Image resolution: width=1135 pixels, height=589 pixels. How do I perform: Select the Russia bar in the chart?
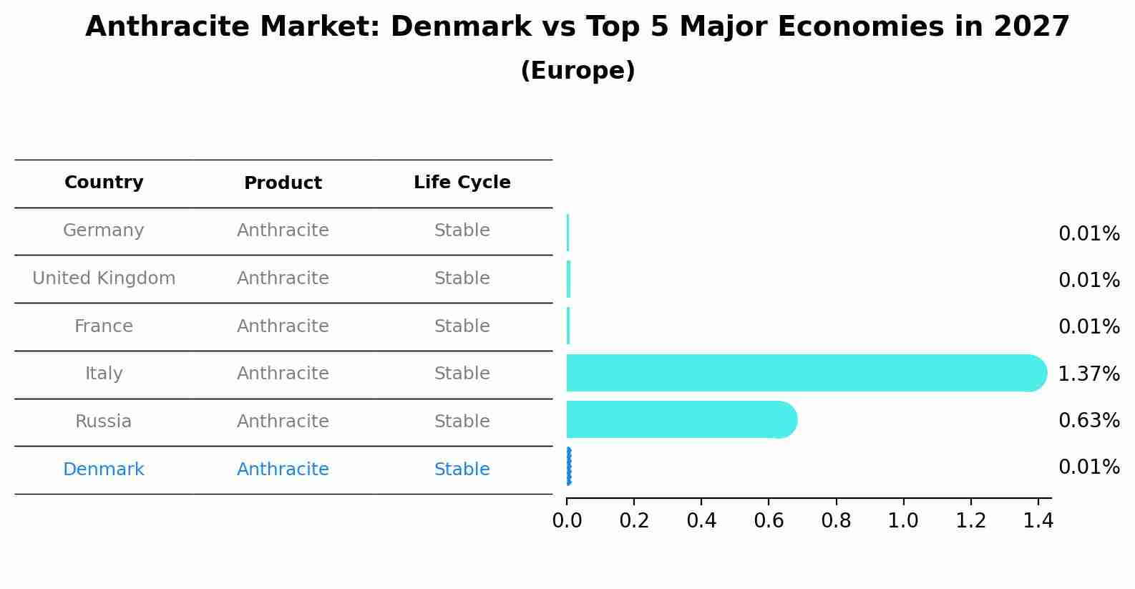680,419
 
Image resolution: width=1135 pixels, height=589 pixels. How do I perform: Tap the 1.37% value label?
1088,374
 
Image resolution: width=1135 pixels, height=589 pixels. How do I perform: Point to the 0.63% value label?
1088,421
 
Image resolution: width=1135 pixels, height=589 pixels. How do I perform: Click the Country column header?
104,182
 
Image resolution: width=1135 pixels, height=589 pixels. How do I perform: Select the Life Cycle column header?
462,182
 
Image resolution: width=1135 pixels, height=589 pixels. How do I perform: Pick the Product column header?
283,183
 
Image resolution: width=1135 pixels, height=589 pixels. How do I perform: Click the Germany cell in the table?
104,230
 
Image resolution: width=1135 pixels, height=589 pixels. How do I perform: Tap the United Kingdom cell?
104,278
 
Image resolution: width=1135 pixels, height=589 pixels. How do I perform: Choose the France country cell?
104,326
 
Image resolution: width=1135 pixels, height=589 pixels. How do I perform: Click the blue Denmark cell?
104,469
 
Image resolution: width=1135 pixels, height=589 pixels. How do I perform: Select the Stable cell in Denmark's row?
462,469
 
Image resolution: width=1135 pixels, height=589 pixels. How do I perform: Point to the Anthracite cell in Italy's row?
283,374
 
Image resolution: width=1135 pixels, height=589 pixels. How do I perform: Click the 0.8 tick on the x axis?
836,520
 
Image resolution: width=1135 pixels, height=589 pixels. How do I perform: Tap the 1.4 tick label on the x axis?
1038,520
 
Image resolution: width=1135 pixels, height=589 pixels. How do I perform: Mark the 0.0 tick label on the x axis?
567,520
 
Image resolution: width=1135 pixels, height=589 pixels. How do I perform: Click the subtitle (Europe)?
578,71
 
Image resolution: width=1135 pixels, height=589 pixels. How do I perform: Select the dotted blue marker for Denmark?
569,467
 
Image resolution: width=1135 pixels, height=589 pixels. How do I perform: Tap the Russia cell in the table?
104,422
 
